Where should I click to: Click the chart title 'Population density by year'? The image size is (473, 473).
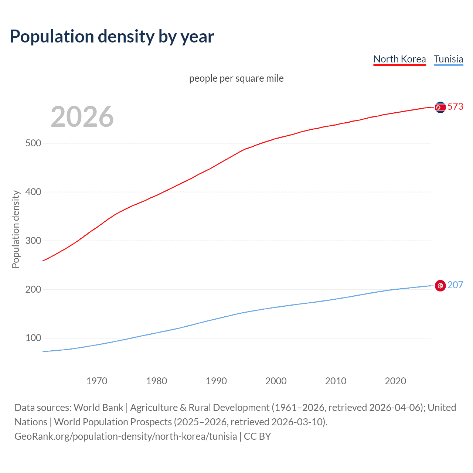click(x=112, y=37)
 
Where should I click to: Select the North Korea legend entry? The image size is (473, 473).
click(x=399, y=59)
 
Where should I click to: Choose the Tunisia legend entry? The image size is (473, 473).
click(x=448, y=59)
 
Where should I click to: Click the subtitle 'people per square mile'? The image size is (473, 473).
click(x=236, y=78)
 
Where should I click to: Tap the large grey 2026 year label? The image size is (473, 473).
click(x=82, y=117)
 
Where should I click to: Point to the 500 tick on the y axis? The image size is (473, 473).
click(x=33, y=143)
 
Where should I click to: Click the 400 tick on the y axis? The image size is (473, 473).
click(x=33, y=192)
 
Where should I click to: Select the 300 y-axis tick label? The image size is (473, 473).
click(x=33, y=241)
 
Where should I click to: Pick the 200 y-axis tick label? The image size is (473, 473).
click(x=33, y=289)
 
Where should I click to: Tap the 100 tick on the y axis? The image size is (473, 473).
click(x=33, y=338)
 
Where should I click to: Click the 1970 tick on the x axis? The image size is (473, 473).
click(x=97, y=381)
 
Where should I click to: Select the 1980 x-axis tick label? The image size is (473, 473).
click(x=156, y=381)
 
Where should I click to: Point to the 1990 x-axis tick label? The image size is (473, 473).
click(x=216, y=381)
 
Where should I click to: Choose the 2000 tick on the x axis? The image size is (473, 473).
click(x=276, y=381)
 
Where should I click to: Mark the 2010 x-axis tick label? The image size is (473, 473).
click(x=336, y=381)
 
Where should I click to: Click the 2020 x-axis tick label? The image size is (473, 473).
click(x=395, y=381)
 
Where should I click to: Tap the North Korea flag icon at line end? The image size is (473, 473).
click(x=440, y=107)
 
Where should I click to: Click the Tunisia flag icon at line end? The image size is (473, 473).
click(x=440, y=286)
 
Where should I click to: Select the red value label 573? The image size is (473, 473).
click(x=455, y=106)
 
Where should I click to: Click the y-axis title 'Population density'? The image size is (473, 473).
click(x=16, y=229)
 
